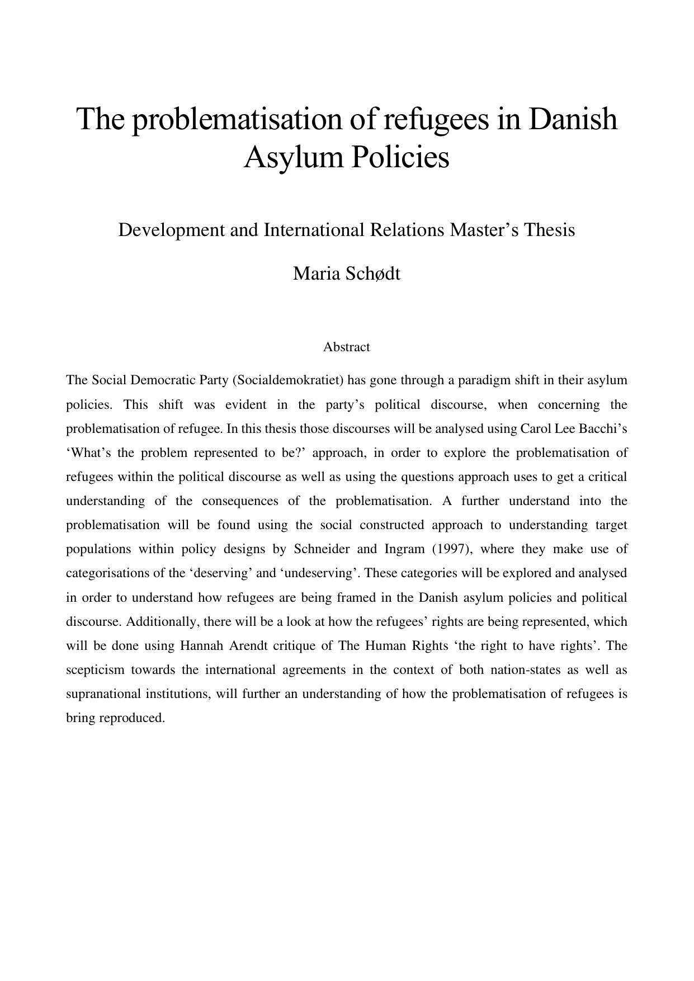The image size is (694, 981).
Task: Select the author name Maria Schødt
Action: click(347, 274)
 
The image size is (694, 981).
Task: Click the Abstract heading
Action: click(346, 347)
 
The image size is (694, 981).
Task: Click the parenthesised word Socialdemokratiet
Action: click(287, 380)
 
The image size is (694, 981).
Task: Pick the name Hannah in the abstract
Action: click(200, 645)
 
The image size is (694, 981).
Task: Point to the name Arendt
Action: click(248, 645)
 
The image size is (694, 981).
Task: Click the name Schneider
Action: click(322, 549)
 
